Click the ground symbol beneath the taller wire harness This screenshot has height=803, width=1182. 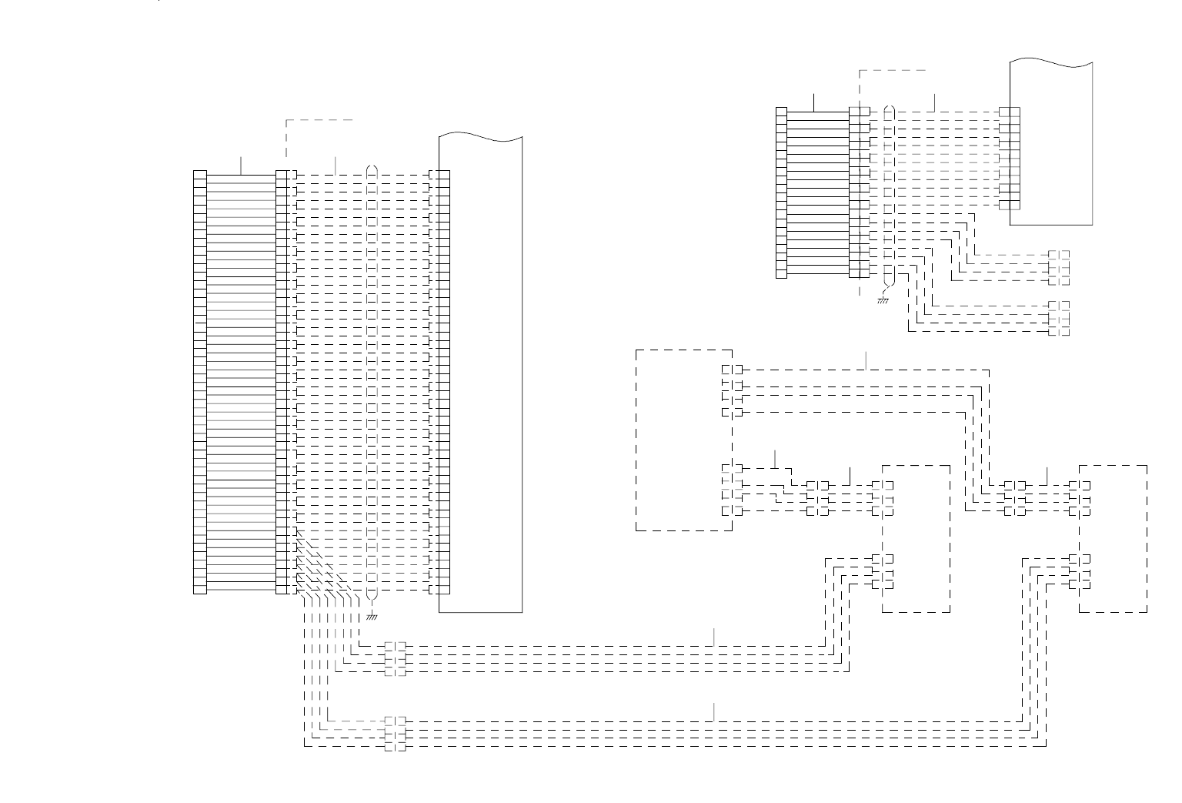tap(372, 616)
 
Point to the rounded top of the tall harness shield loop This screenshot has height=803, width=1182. tap(372, 167)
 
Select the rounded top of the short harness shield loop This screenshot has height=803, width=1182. tap(890, 109)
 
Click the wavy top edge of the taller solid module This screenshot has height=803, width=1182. tap(480, 137)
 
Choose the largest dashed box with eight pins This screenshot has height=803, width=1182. tap(683, 440)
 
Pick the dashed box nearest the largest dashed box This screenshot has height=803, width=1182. tap(916, 538)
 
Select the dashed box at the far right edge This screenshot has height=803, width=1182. tap(1114, 538)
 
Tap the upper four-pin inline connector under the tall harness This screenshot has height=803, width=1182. tap(395, 659)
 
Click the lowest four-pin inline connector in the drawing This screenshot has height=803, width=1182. tap(395, 734)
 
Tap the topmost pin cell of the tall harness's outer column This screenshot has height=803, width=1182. tap(200, 174)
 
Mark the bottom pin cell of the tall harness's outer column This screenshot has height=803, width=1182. tap(200, 590)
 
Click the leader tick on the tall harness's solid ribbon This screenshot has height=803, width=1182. tap(241, 165)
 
